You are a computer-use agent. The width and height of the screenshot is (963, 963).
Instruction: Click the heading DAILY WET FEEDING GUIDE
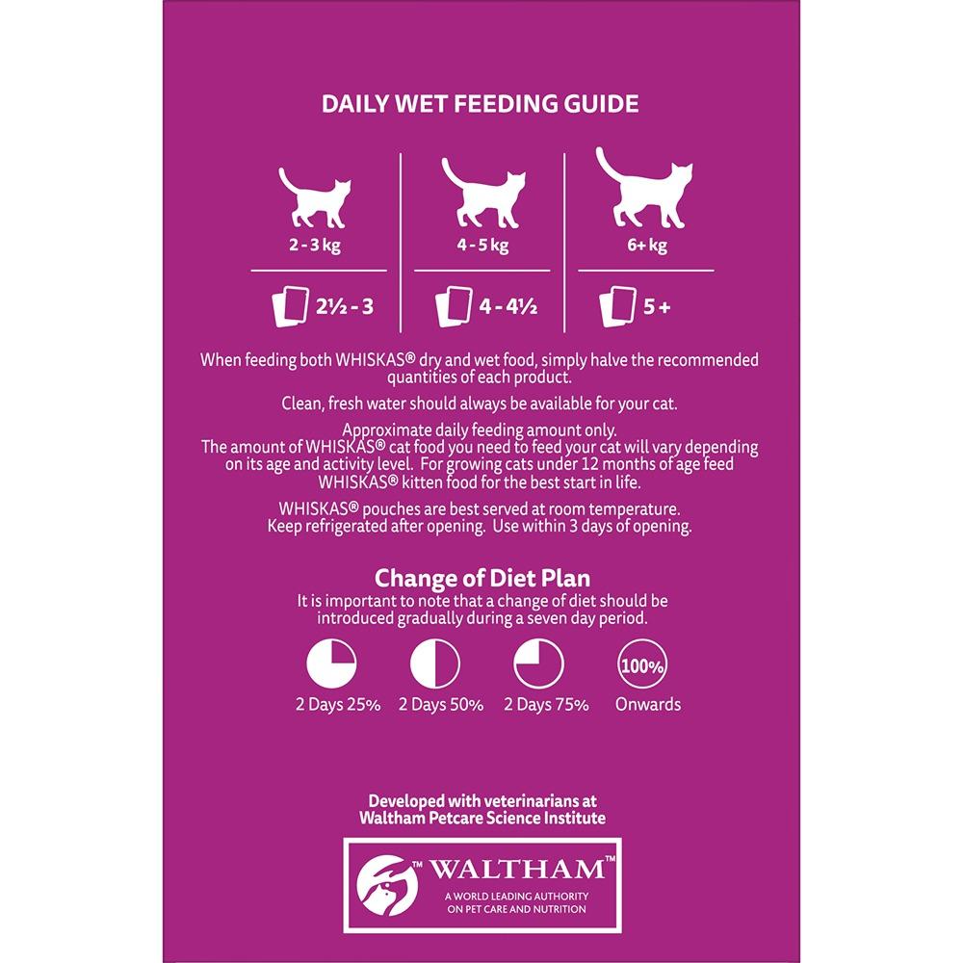481,104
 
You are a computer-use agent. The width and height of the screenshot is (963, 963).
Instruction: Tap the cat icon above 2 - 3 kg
315,197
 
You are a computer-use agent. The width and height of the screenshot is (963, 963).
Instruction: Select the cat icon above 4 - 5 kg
483,193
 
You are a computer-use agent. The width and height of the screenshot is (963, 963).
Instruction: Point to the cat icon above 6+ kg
644,188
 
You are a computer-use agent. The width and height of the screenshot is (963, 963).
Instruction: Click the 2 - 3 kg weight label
315,245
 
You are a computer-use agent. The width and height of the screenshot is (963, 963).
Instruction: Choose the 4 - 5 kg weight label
482,245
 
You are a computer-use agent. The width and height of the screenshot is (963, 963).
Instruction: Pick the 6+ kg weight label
647,245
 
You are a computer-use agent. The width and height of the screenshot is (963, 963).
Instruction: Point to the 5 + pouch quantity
657,306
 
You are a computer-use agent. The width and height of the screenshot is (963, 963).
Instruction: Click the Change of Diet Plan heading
482,578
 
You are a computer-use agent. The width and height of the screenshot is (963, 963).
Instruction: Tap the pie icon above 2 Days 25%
331,664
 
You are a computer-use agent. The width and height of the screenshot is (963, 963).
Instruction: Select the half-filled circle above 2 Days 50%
435,664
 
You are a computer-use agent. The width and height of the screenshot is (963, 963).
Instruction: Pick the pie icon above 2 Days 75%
538,664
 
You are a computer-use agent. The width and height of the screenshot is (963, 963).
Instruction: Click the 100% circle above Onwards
642,664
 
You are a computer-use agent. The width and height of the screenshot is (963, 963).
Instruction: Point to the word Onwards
648,704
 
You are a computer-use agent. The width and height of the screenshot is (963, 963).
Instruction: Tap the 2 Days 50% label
441,705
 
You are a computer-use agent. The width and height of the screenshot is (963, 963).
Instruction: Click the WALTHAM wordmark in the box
516,869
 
